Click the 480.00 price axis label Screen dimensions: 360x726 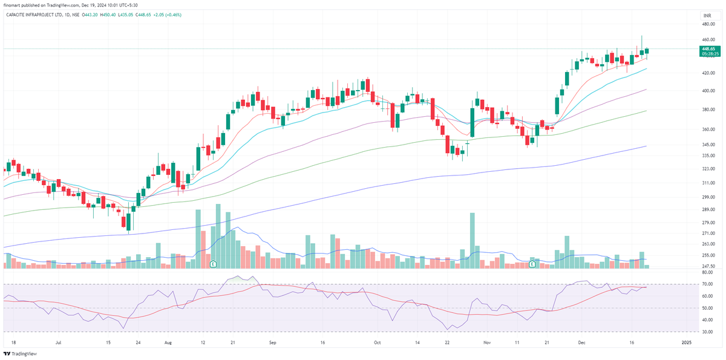point(708,24)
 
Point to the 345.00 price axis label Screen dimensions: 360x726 point(708,145)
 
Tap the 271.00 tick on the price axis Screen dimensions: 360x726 point(708,233)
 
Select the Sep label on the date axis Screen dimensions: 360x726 point(272,342)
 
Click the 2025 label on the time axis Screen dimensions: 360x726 point(686,342)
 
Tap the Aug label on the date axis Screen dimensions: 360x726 point(168,342)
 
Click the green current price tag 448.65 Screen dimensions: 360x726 point(708,49)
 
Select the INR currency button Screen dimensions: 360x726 point(707,15)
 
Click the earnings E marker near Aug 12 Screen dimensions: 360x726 point(213,264)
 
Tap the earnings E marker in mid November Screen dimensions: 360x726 point(532,264)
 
